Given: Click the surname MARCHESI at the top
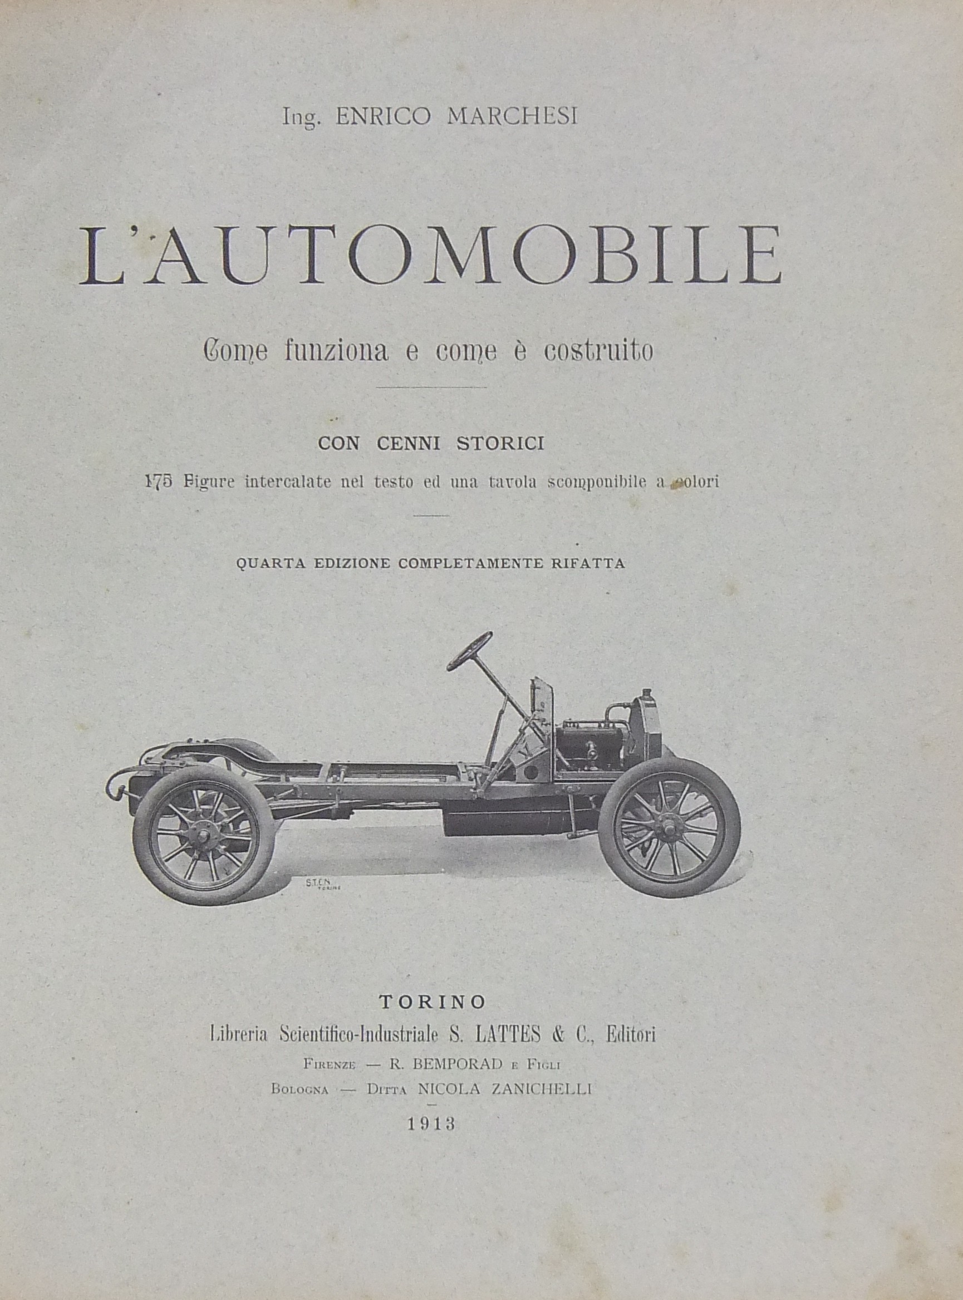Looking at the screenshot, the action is (x=512, y=116).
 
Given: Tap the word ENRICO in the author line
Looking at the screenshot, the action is (x=383, y=116).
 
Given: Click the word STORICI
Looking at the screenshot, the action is (x=500, y=444).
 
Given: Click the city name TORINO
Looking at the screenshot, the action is (x=433, y=1002).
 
